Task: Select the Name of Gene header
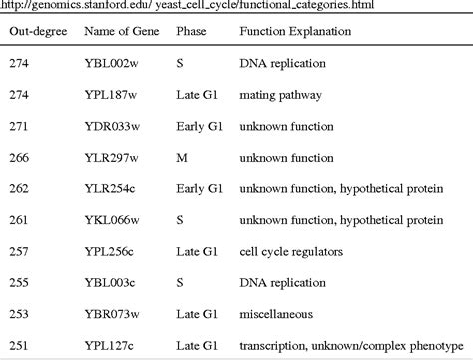pos(126,31)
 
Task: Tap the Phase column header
pos(191,31)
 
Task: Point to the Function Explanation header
pos(295,31)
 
